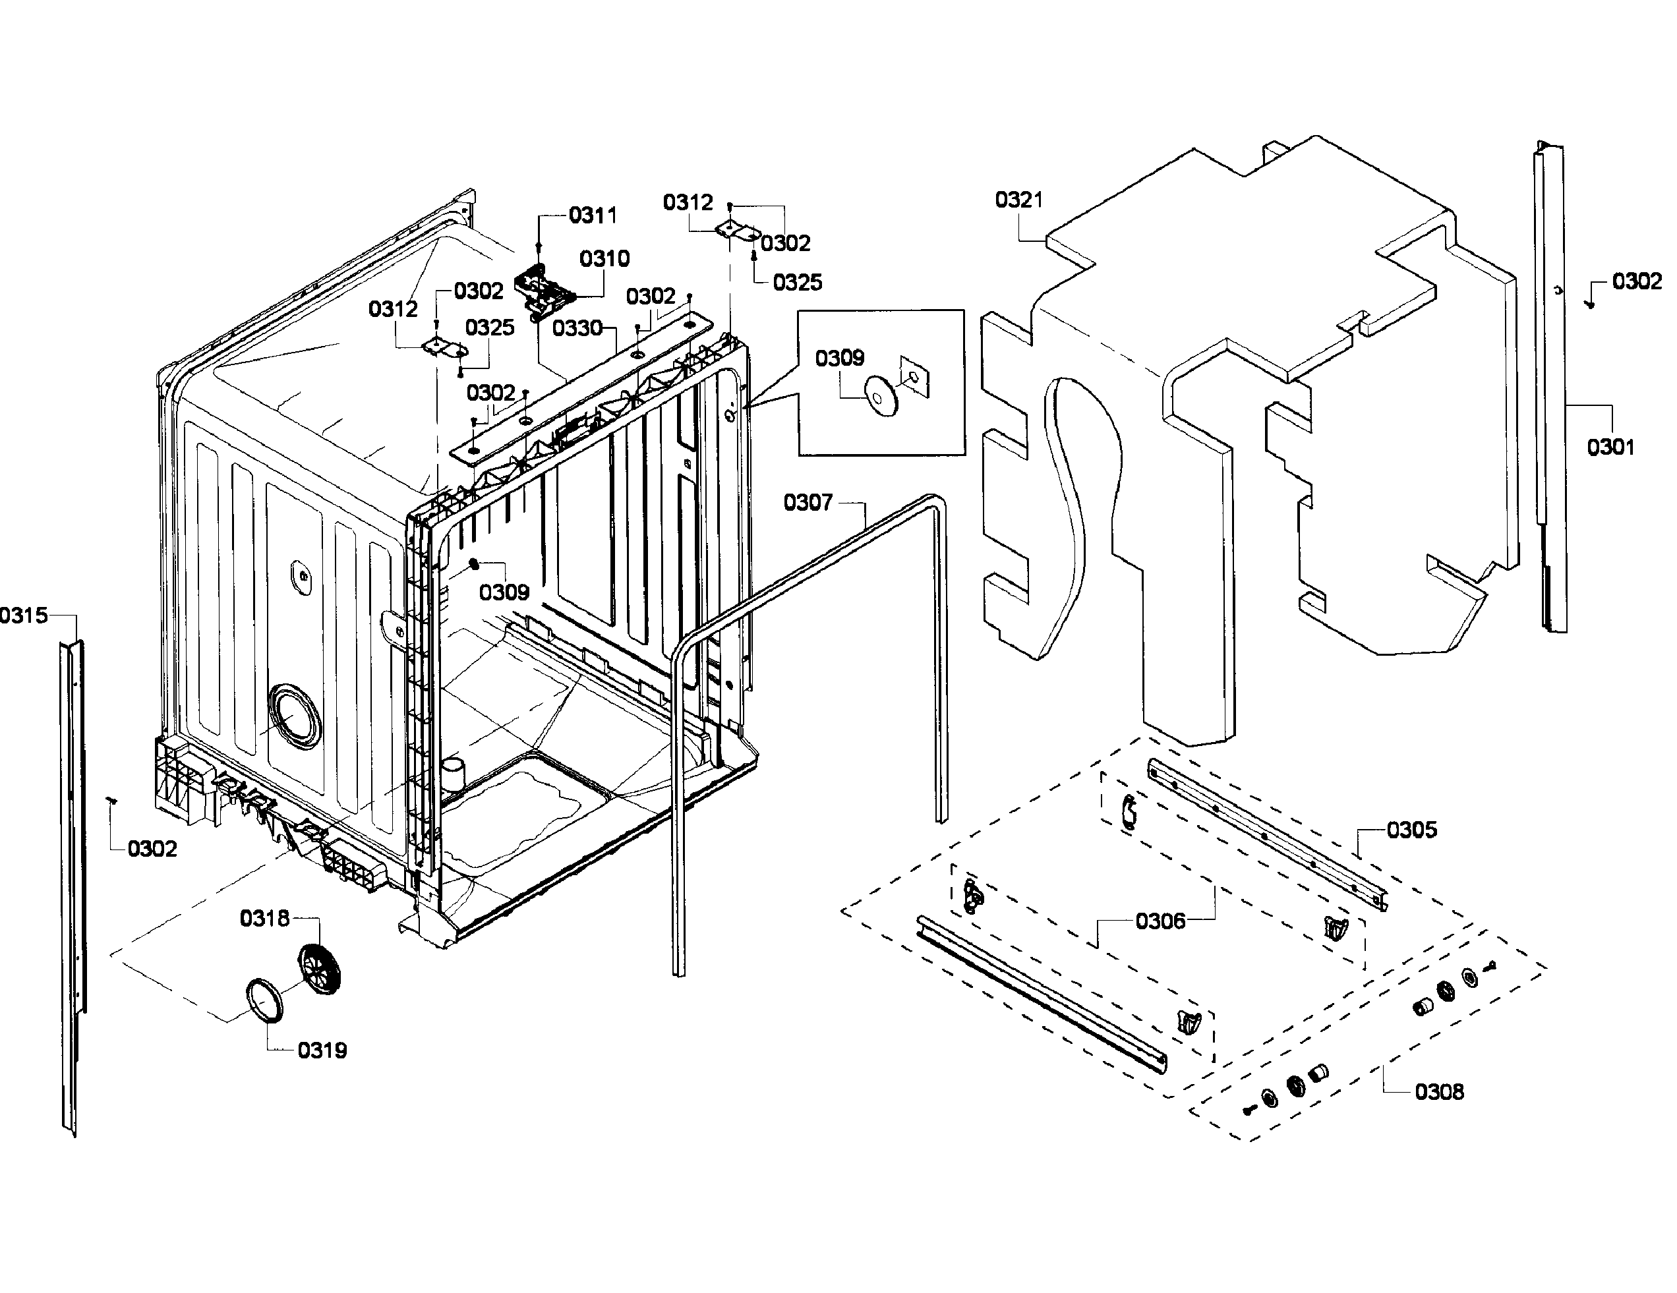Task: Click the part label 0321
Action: [x=1018, y=200]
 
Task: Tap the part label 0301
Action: [x=1610, y=447]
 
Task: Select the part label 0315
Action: [x=24, y=615]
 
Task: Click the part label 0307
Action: [x=808, y=503]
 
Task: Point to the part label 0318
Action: [x=264, y=918]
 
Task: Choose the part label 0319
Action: [x=322, y=1050]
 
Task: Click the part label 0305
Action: [x=1411, y=830]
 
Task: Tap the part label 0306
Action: [x=1160, y=921]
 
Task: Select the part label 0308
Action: [x=1439, y=1092]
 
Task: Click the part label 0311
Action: [x=593, y=215]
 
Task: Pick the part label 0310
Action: [x=604, y=259]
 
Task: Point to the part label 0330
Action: [x=577, y=329]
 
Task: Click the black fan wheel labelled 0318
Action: [x=318, y=969]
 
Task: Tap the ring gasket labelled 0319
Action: [x=264, y=1001]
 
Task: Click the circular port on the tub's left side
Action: [x=295, y=716]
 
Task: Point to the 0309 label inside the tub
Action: [x=504, y=592]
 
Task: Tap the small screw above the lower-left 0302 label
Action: [x=111, y=800]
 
